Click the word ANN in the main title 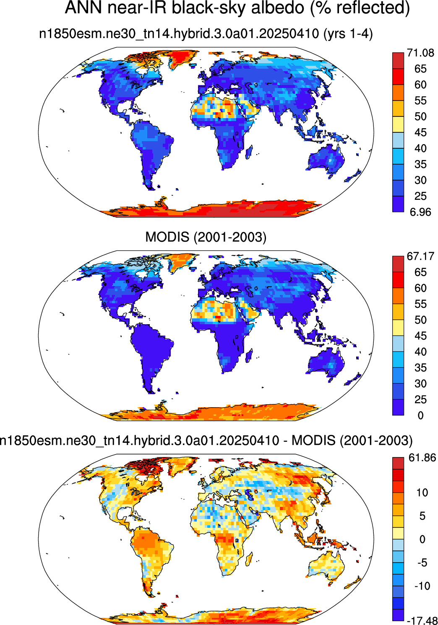83,8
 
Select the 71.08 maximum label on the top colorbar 420,52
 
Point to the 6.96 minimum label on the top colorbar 420,212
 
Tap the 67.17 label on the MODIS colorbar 420,256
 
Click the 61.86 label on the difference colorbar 421,458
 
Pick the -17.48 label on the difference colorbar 421,620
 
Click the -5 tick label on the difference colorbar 420,563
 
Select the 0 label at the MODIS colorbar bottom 420,416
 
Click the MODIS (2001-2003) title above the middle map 206,237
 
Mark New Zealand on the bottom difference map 352,580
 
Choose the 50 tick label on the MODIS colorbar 421,320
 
